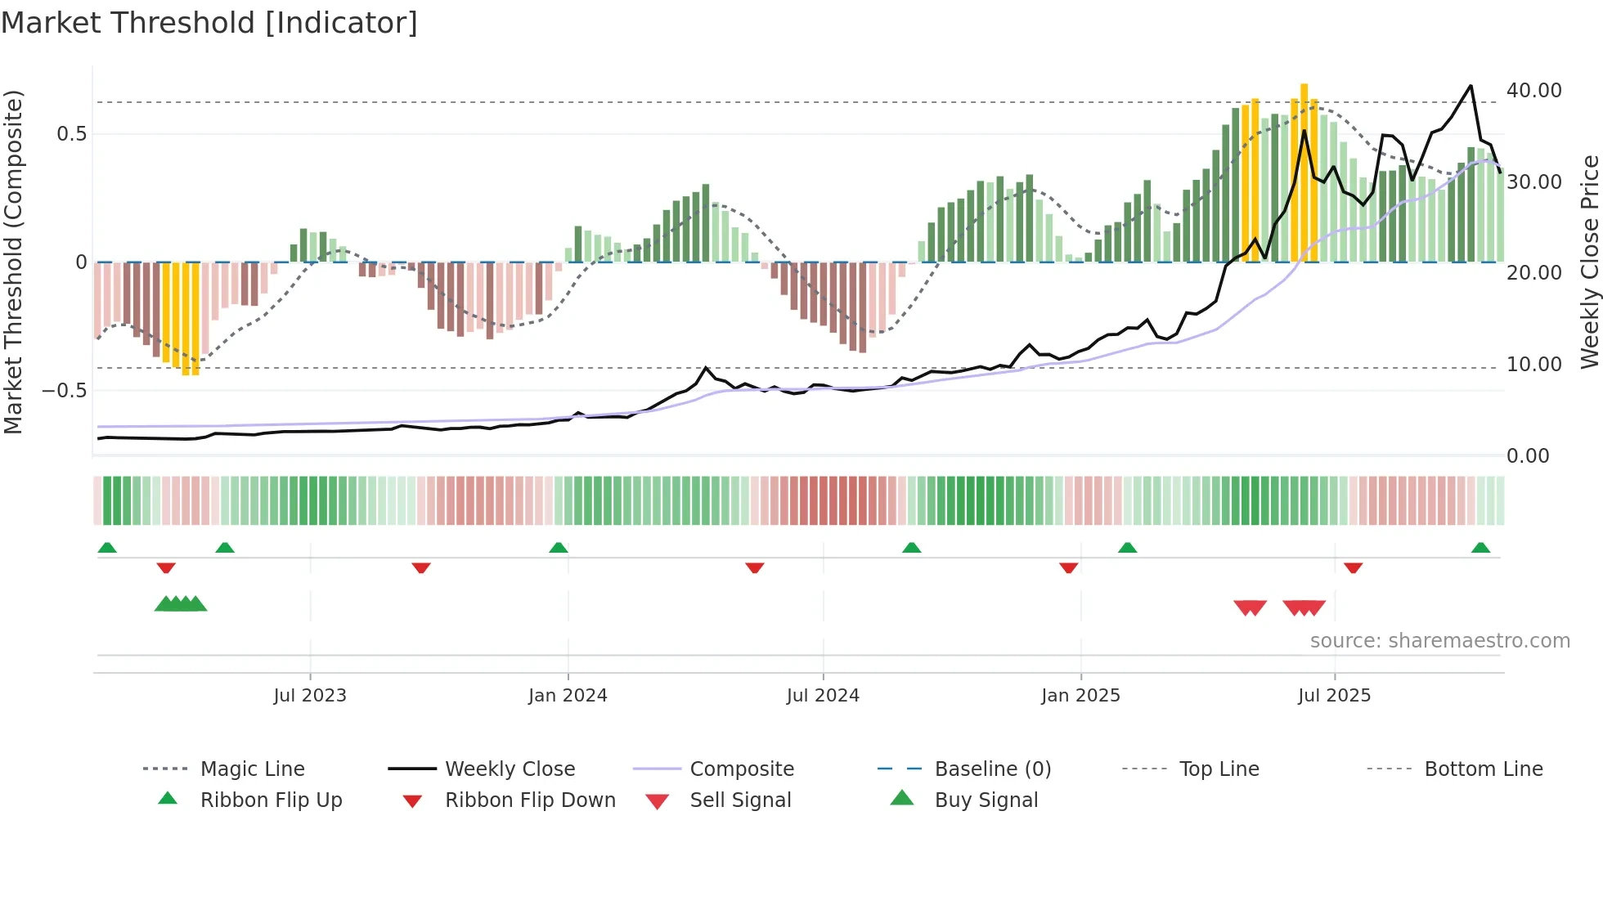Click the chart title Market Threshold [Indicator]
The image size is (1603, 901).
point(209,23)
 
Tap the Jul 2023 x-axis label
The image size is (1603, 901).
point(310,696)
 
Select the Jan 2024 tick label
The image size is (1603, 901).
point(568,696)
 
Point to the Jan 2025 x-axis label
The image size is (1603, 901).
point(1080,696)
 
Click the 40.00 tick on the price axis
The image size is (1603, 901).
point(1533,91)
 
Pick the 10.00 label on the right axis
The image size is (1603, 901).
point(1533,365)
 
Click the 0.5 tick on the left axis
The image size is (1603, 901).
point(72,134)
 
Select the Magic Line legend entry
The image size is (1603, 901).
point(252,769)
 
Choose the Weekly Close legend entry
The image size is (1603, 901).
point(510,769)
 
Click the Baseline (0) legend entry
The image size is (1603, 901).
point(992,769)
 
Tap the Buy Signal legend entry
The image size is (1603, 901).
point(986,800)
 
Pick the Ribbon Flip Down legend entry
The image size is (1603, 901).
point(529,800)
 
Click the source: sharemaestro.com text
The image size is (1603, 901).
point(1439,641)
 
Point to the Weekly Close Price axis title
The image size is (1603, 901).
point(1589,262)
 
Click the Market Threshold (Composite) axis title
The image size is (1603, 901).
point(13,262)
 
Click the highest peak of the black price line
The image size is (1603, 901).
point(1471,86)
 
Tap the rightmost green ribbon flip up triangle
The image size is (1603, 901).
point(1480,548)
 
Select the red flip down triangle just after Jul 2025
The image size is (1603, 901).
point(1353,567)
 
